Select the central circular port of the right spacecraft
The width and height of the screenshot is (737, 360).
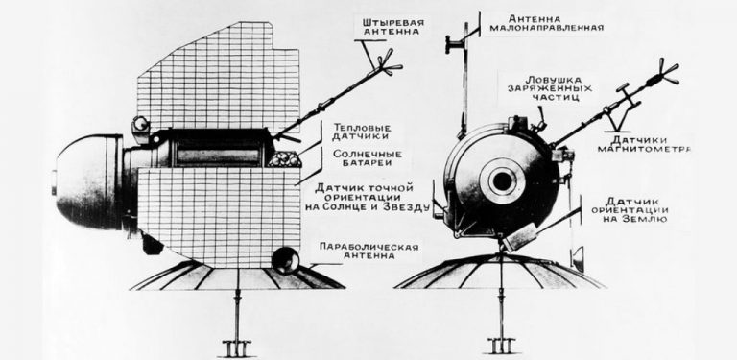click(x=501, y=181)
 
